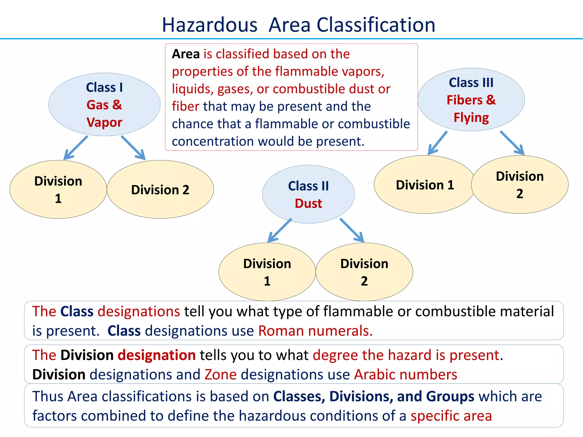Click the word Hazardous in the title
click(210, 25)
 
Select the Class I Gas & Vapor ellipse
click(104, 105)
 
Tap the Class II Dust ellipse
click(308, 194)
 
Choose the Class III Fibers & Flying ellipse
click(471, 100)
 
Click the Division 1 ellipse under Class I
click(58, 189)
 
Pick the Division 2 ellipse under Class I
click(160, 189)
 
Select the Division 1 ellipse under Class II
click(267, 272)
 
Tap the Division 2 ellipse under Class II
click(364, 272)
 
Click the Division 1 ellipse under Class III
click(424, 185)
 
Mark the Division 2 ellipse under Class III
click(520, 185)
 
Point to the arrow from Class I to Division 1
click(76, 148)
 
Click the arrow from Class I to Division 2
click(133, 148)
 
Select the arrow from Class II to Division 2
click(352, 230)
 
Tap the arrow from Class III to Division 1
click(438, 143)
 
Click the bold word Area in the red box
click(186, 54)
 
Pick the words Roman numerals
click(315, 331)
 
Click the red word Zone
click(221, 374)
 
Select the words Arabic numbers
click(406, 374)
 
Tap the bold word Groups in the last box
click(450, 396)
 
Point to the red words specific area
click(451, 416)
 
